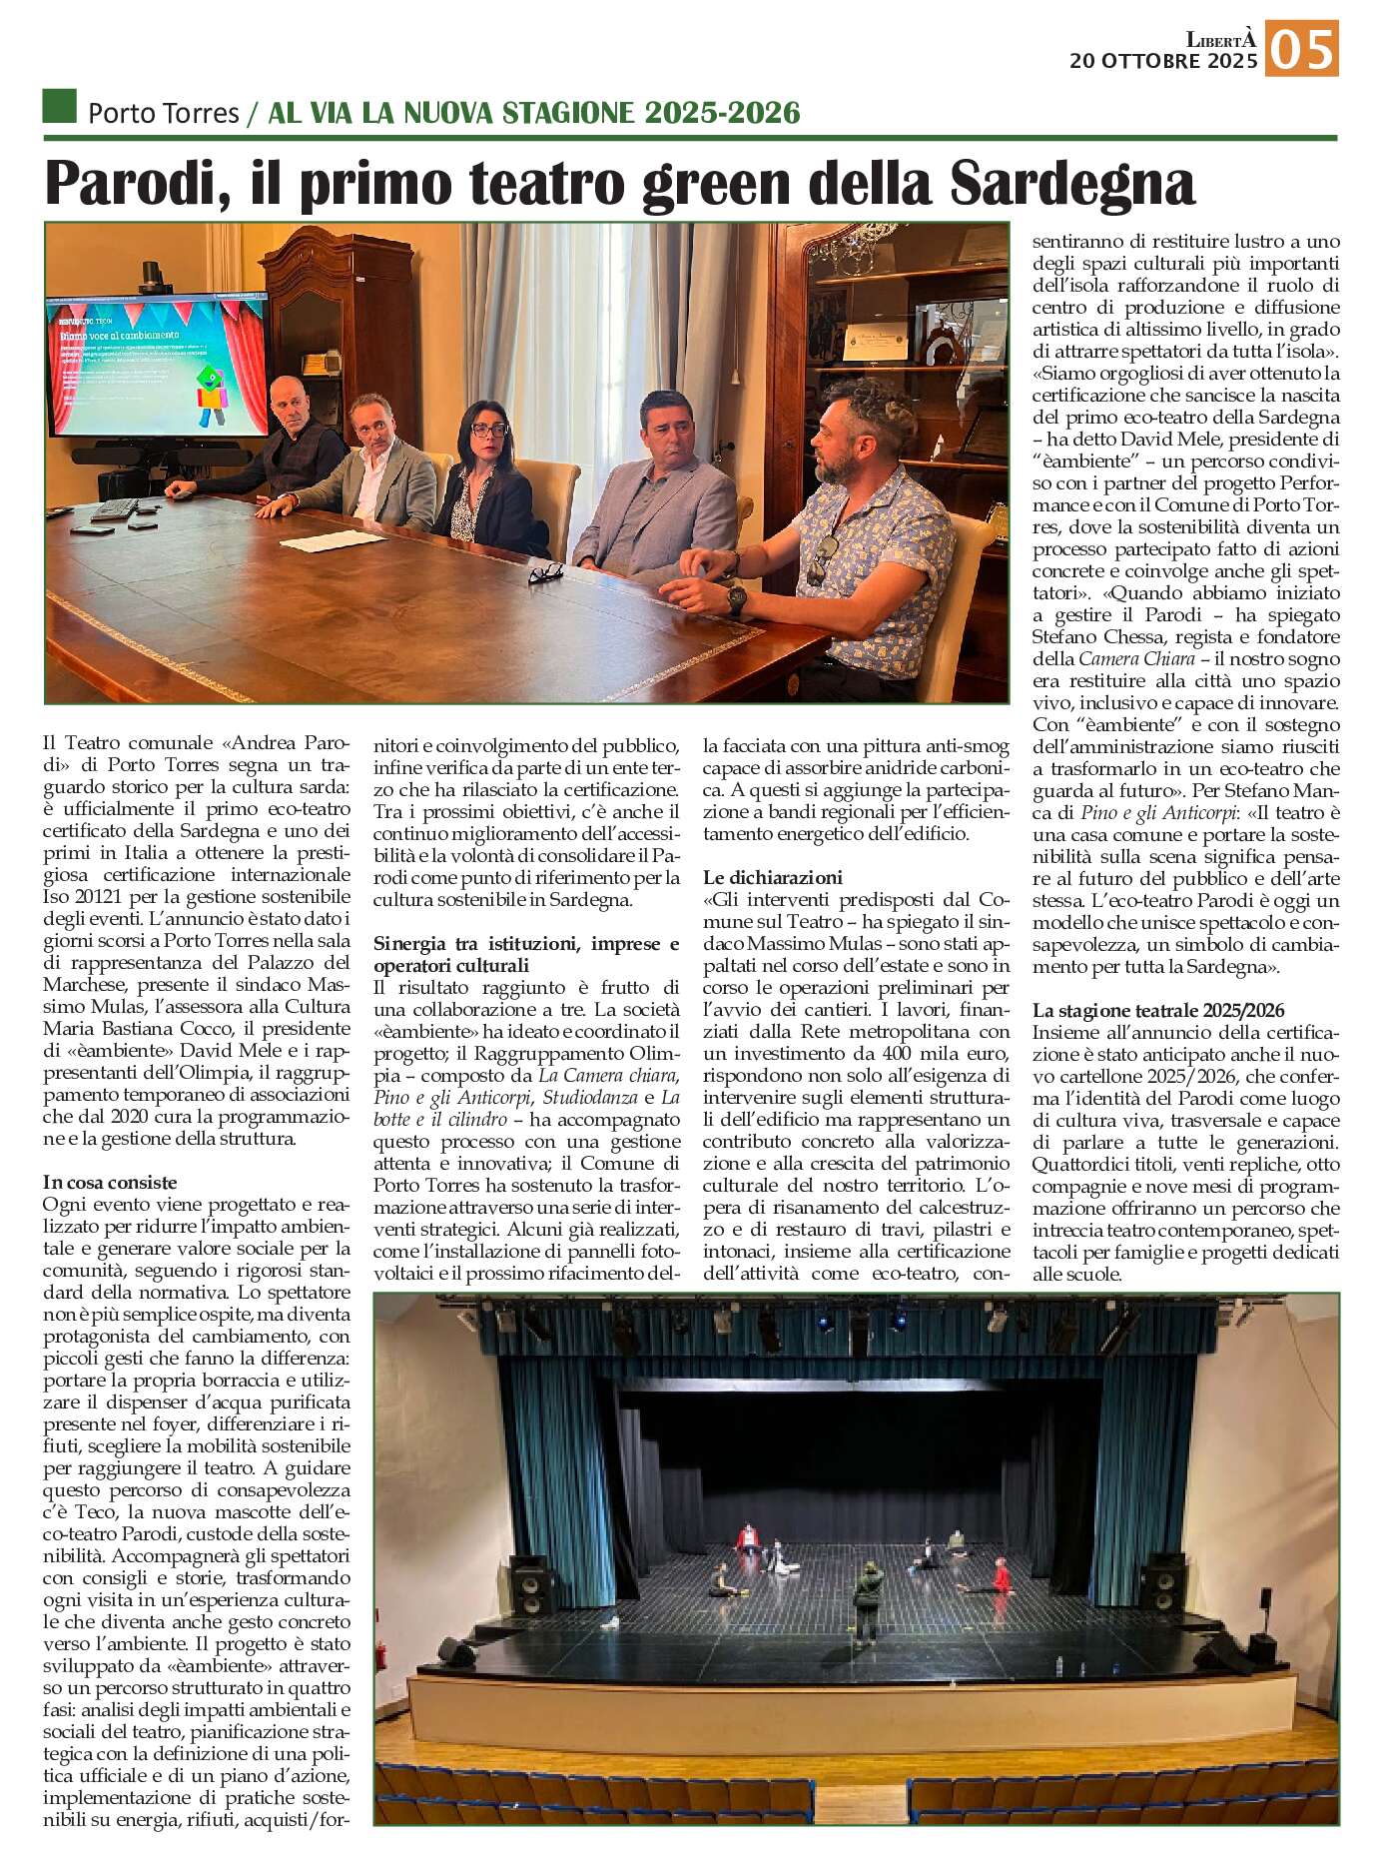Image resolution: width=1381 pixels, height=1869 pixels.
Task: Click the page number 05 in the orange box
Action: click(x=1302, y=50)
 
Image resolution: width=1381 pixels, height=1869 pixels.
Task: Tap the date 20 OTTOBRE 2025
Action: click(x=1162, y=62)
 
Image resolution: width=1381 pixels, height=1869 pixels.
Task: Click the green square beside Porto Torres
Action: click(x=60, y=106)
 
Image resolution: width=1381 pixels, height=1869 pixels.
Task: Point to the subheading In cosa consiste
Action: click(x=110, y=1183)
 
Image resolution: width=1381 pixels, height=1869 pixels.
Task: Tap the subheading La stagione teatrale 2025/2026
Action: click(x=1158, y=1011)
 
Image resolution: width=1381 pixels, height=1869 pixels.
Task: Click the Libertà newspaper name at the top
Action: click(x=1219, y=40)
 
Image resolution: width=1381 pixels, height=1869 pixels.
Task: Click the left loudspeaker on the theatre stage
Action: click(x=530, y=1579)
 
